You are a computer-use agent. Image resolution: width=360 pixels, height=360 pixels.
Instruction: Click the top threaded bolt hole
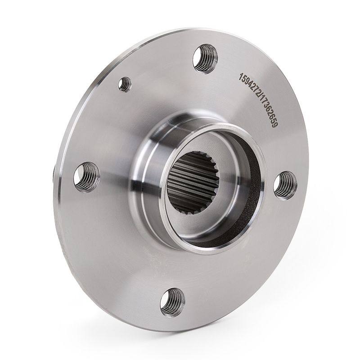coord(205,58)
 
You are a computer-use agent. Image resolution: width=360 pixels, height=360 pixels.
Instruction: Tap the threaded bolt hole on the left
coord(86,177)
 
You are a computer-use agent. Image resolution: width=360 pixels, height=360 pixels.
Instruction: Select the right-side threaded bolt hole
coord(285,185)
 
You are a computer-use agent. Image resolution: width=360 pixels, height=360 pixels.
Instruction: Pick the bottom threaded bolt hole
coord(172,302)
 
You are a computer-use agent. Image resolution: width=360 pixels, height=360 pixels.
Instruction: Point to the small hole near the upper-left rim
coord(125,85)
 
